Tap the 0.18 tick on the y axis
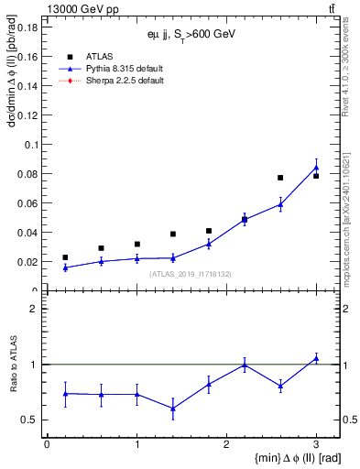27,27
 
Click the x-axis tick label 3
315,444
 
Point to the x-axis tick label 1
136,444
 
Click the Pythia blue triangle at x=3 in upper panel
316,168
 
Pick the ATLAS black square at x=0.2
65,257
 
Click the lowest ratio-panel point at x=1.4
173,409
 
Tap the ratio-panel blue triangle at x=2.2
245,365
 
